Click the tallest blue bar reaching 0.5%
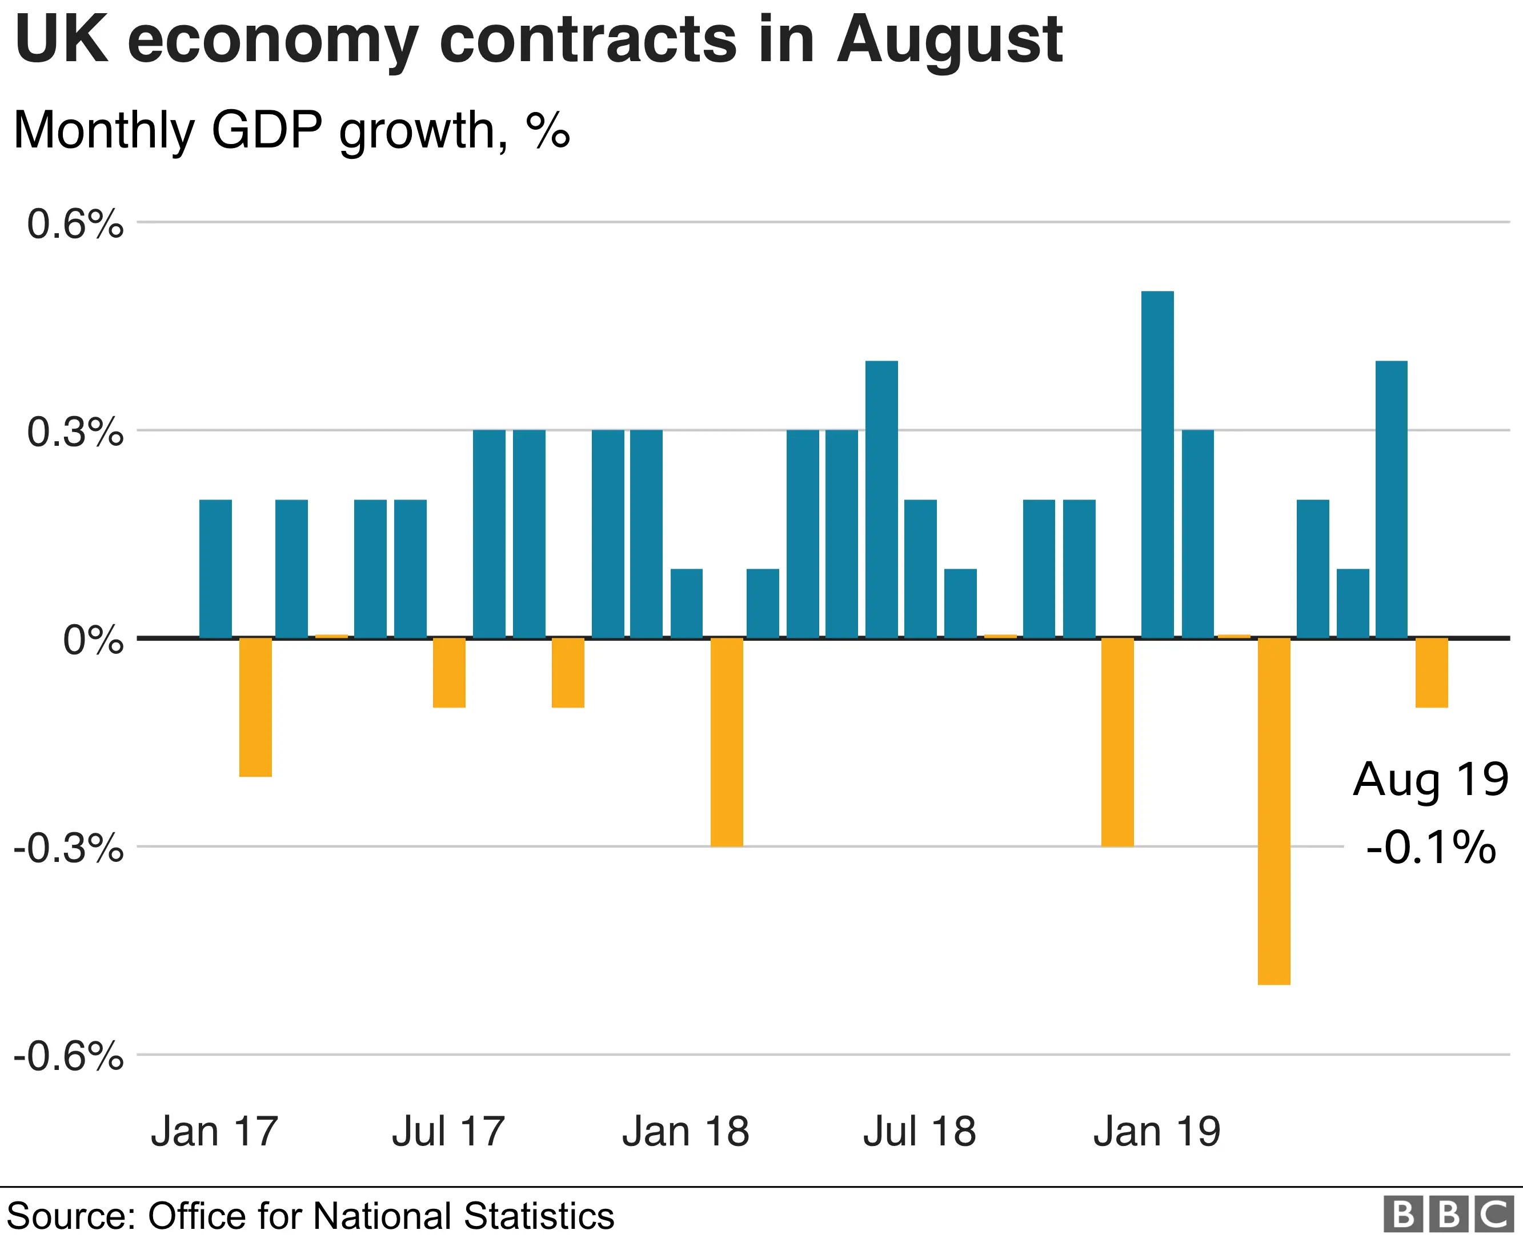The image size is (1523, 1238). click(1157, 464)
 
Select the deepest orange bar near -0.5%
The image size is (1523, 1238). click(1273, 811)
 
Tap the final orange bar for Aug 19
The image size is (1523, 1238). click(1431, 673)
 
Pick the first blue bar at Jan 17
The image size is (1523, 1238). click(215, 568)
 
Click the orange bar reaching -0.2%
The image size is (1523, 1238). click(255, 706)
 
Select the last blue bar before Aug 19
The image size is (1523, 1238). click(1391, 499)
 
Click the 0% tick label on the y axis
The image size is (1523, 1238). click(93, 640)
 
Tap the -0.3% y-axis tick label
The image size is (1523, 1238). click(69, 849)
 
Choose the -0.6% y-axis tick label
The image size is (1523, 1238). click(69, 1056)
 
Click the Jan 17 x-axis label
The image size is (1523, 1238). click(214, 1132)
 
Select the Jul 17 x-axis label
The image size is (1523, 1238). click(448, 1132)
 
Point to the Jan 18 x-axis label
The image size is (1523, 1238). click(686, 1132)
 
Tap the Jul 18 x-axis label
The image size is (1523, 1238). click(919, 1132)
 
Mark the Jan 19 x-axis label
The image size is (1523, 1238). click(1157, 1132)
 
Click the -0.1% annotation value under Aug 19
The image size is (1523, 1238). click(1430, 847)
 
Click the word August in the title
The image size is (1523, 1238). click(949, 41)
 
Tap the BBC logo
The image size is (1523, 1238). click(1449, 1215)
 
